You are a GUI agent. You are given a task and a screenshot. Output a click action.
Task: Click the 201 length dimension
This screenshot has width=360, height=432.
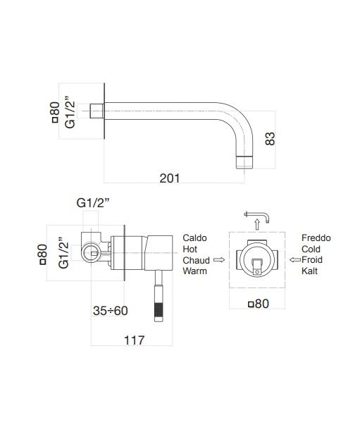click(169, 179)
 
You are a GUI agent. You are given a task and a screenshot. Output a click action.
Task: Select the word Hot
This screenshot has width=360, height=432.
click(190, 249)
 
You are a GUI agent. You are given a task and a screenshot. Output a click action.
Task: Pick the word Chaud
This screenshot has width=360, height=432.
click(197, 260)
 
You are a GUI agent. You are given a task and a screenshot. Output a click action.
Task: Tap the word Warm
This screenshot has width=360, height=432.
click(194, 271)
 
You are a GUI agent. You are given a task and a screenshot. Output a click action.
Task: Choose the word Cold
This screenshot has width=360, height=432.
click(311, 249)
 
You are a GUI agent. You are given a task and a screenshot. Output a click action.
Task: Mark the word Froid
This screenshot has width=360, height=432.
click(313, 260)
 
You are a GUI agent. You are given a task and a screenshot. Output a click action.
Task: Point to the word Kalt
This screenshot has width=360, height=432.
click(309, 271)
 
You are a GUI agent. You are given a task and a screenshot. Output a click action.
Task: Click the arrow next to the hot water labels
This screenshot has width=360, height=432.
click(219, 260)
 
